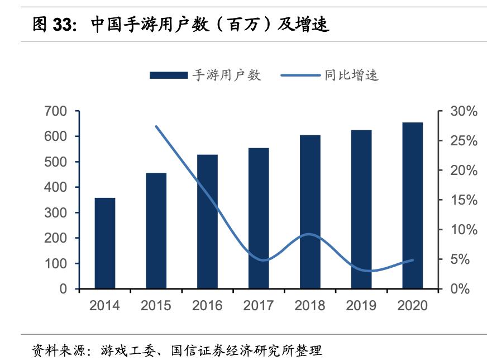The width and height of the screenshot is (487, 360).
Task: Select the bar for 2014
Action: tap(105, 243)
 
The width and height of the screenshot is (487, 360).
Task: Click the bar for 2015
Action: tap(156, 231)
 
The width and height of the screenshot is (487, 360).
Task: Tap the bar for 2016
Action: tap(207, 222)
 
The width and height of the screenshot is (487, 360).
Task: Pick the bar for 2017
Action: tap(259, 219)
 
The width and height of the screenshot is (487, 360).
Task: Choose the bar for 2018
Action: tap(310, 212)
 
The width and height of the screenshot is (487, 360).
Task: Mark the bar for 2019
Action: tap(361, 210)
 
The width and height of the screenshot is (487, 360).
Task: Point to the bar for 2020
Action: tap(413, 206)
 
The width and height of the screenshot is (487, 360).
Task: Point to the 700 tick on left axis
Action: tap(55, 111)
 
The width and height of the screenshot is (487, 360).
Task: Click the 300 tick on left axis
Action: tap(55, 213)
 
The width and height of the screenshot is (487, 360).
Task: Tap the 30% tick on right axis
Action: tap(464, 112)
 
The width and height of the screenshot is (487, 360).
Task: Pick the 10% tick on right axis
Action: tap(464, 230)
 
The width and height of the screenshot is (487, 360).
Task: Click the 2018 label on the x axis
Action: tap(310, 306)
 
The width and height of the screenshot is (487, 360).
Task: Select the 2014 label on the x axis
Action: tap(105, 306)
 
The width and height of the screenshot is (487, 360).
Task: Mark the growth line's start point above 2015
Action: tap(156, 126)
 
